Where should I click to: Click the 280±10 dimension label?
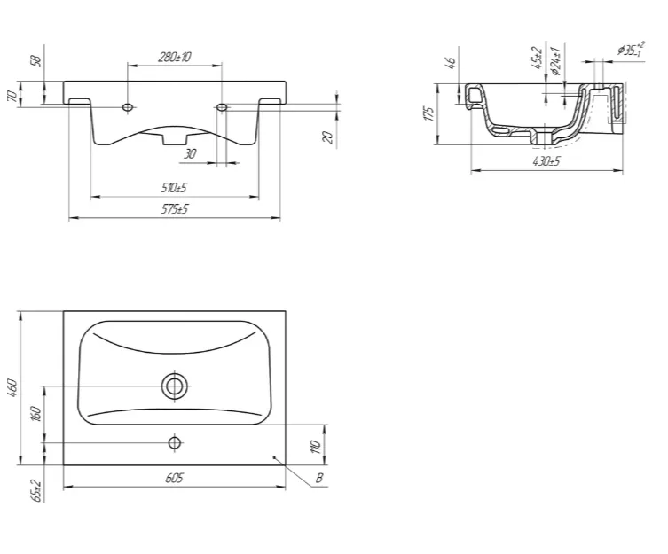pyautogui.click(x=175, y=57)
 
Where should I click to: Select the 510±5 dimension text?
pyautogui.click(x=174, y=188)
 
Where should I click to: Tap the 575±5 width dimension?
pyautogui.click(x=174, y=209)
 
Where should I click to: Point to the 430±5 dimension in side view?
pyautogui.click(x=546, y=161)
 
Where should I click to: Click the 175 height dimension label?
pyautogui.click(x=429, y=113)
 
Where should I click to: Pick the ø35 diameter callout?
pyautogui.click(x=632, y=49)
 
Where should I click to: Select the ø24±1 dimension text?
pyautogui.click(x=555, y=61)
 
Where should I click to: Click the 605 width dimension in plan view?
pyautogui.click(x=174, y=478)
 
